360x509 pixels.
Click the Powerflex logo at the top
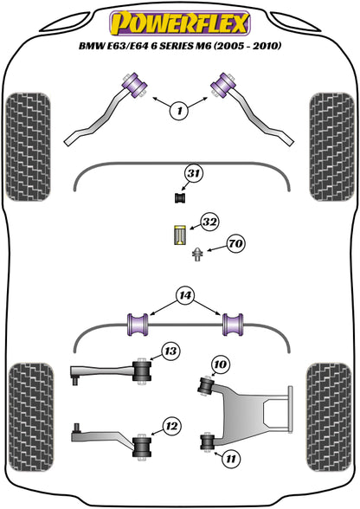click(x=180, y=23)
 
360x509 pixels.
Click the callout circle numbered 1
click(x=179, y=111)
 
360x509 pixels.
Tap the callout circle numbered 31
click(x=194, y=174)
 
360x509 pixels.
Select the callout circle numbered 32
click(x=209, y=222)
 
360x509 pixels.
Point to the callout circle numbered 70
click(x=236, y=243)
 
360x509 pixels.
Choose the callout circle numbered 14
click(x=185, y=296)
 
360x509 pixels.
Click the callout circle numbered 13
click(x=170, y=351)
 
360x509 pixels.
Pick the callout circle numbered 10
click(x=221, y=364)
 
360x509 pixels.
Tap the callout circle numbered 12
click(x=171, y=426)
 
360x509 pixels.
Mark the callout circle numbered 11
click(x=231, y=459)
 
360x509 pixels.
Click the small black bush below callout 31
click(x=180, y=197)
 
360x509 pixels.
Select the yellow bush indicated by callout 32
click(x=179, y=235)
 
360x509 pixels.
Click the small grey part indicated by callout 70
click(x=197, y=254)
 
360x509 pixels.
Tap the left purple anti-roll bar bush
click(x=138, y=325)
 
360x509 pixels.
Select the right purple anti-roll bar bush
click(x=233, y=325)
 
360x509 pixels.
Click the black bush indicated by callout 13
click(x=142, y=371)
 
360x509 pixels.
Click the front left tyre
click(x=29, y=147)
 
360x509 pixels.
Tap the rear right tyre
click(x=330, y=418)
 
